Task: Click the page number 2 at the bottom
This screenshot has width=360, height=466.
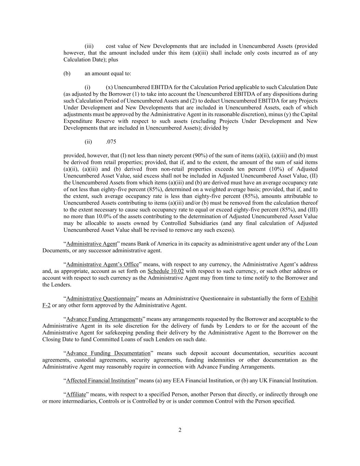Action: (180, 430)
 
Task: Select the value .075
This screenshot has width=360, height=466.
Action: (111, 142)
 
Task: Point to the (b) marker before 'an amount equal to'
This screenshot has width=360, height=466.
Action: (67, 73)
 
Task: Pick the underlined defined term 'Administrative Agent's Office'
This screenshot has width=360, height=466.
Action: (102, 265)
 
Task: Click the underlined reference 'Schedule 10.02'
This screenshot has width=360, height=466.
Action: (165, 271)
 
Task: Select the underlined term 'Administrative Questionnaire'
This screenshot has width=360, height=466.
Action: (101, 299)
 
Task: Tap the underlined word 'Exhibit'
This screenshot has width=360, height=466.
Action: (309, 299)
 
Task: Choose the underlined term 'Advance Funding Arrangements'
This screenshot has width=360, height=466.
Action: (104, 319)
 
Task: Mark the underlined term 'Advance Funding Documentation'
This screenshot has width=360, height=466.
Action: (108, 353)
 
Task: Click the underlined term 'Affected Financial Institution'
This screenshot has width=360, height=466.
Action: (101, 381)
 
